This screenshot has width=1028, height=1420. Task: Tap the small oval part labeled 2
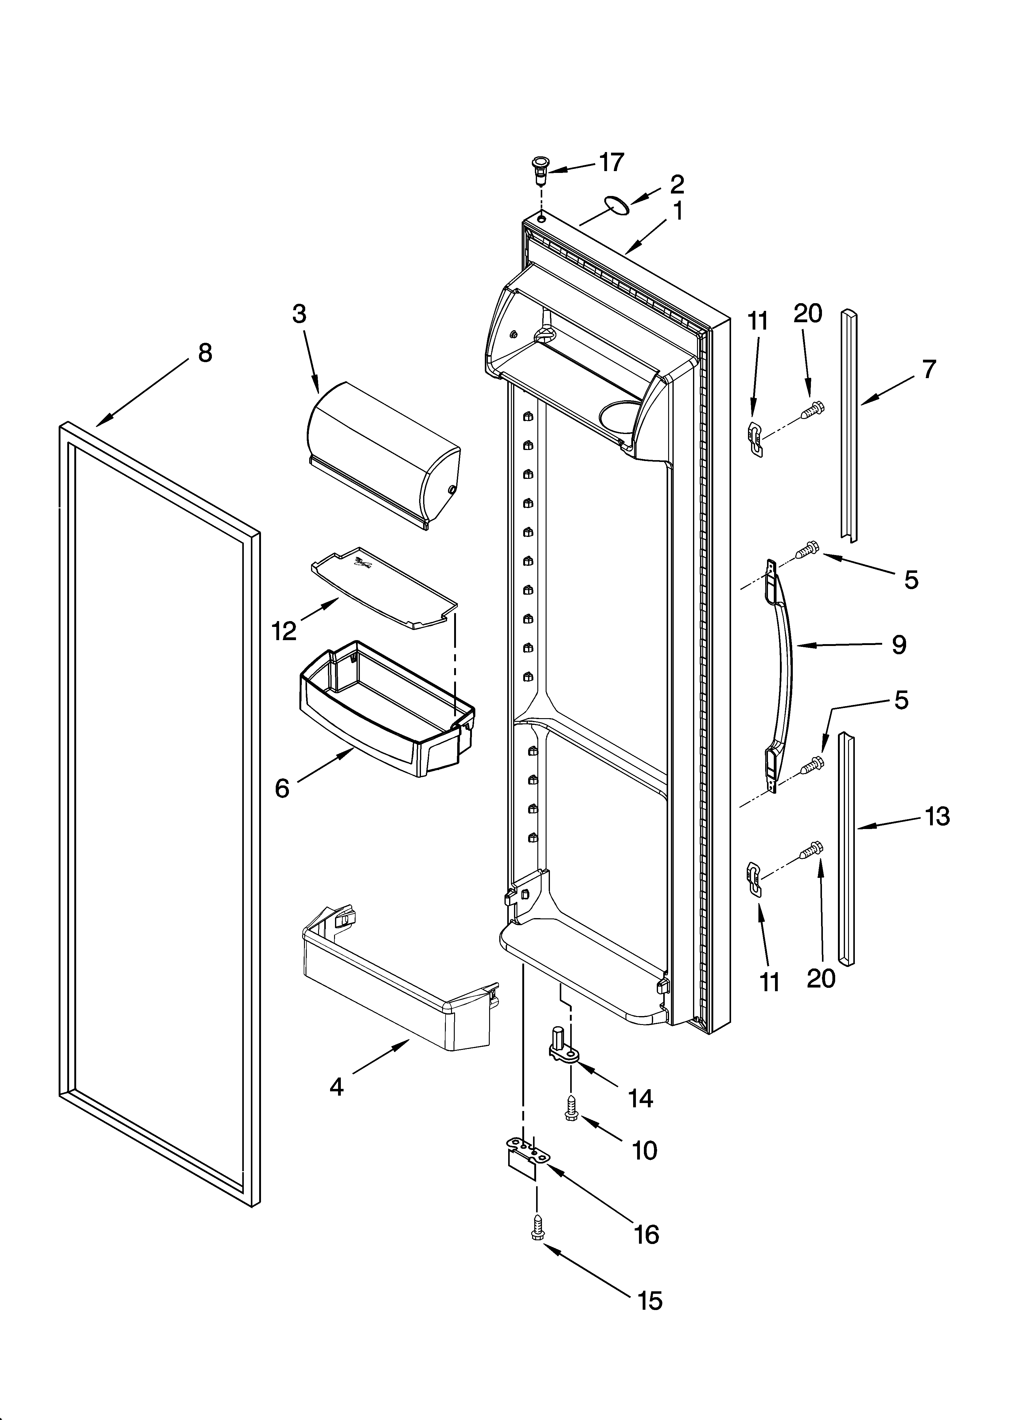(x=615, y=204)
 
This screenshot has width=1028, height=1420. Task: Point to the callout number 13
(x=937, y=816)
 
